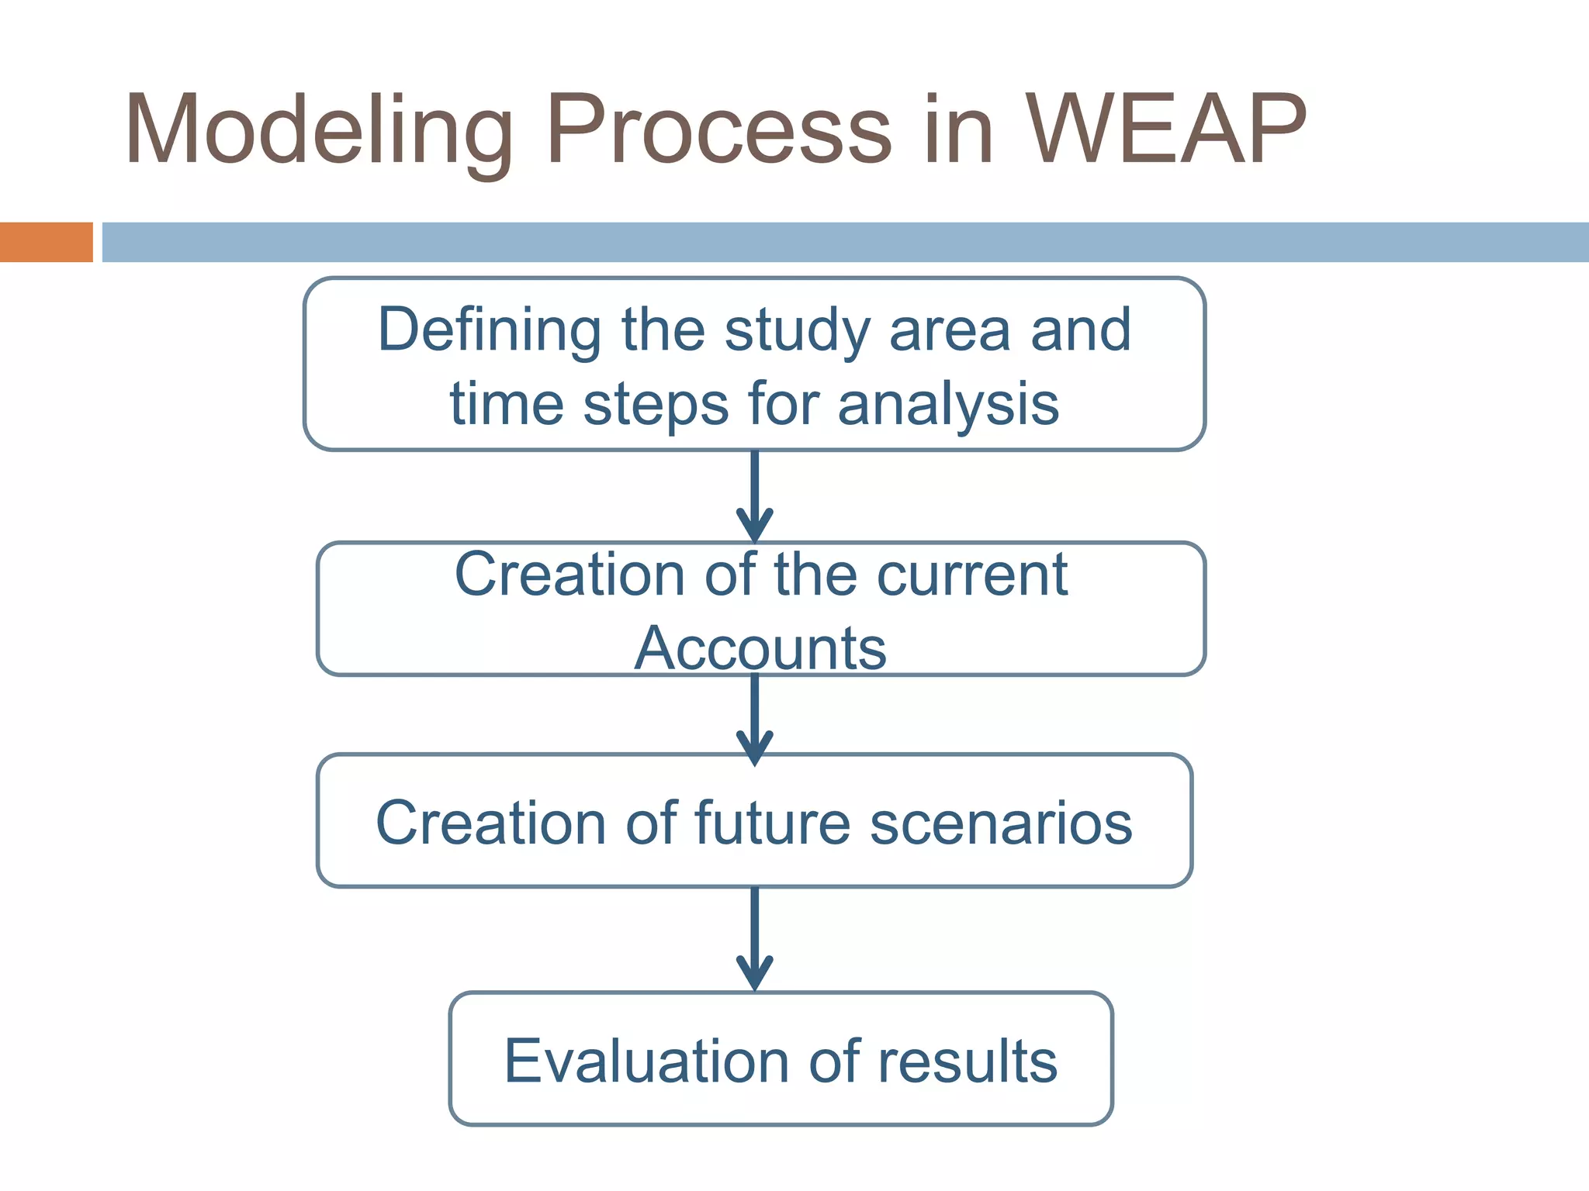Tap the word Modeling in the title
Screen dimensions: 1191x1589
tap(318, 130)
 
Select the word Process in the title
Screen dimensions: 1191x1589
tap(718, 130)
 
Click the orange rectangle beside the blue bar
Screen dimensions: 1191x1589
tap(46, 242)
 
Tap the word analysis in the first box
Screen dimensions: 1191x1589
tap(948, 405)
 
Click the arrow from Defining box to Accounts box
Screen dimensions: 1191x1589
tap(754, 496)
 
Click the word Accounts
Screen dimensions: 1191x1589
tap(760, 648)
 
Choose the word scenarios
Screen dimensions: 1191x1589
tap(1001, 823)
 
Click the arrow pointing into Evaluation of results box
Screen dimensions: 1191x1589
tap(754, 940)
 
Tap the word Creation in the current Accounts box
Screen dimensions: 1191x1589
tap(570, 575)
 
